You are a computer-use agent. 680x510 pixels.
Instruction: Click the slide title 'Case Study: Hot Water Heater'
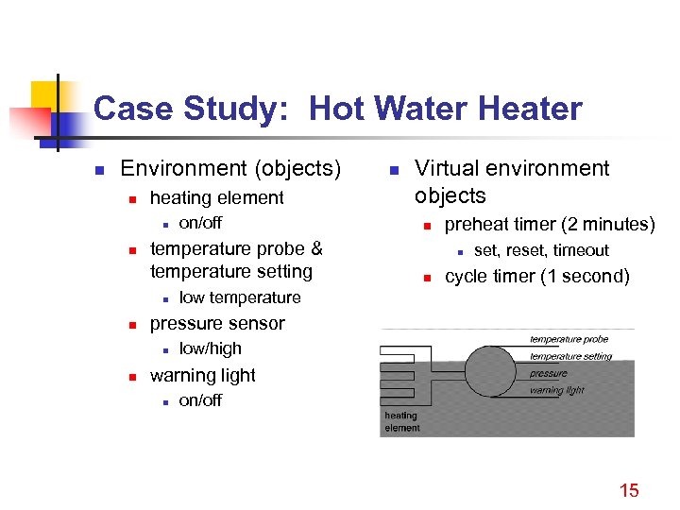[x=337, y=110]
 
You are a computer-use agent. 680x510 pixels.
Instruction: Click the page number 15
[x=628, y=489]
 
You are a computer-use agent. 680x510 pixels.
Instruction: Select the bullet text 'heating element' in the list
[x=216, y=197]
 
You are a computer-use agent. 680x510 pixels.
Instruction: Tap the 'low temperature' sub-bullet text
[x=239, y=297]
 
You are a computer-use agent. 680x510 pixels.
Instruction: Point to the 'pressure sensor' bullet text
[x=216, y=323]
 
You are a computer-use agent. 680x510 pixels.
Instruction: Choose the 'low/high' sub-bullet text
[x=210, y=349]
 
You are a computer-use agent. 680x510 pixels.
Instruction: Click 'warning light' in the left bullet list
[x=202, y=375]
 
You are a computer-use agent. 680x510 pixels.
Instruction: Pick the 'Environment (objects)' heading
[x=230, y=168]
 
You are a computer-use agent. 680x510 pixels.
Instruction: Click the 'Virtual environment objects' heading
[x=511, y=181]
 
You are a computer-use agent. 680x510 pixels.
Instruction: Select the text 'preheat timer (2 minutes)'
[x=549, y=224]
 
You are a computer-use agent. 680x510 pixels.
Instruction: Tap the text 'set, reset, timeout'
[x=540, y=250]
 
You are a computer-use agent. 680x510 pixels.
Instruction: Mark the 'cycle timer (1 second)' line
[x=536, y=276]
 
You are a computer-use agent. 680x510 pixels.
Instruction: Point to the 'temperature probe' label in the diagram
[x=569, y=339]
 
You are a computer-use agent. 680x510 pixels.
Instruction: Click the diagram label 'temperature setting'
[x=570, y=356]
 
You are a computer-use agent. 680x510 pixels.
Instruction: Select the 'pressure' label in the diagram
[x=548, y=373]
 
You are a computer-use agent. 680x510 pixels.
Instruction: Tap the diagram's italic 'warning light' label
[x=556, y=389]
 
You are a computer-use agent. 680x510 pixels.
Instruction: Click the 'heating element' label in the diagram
[x=400, y=421]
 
